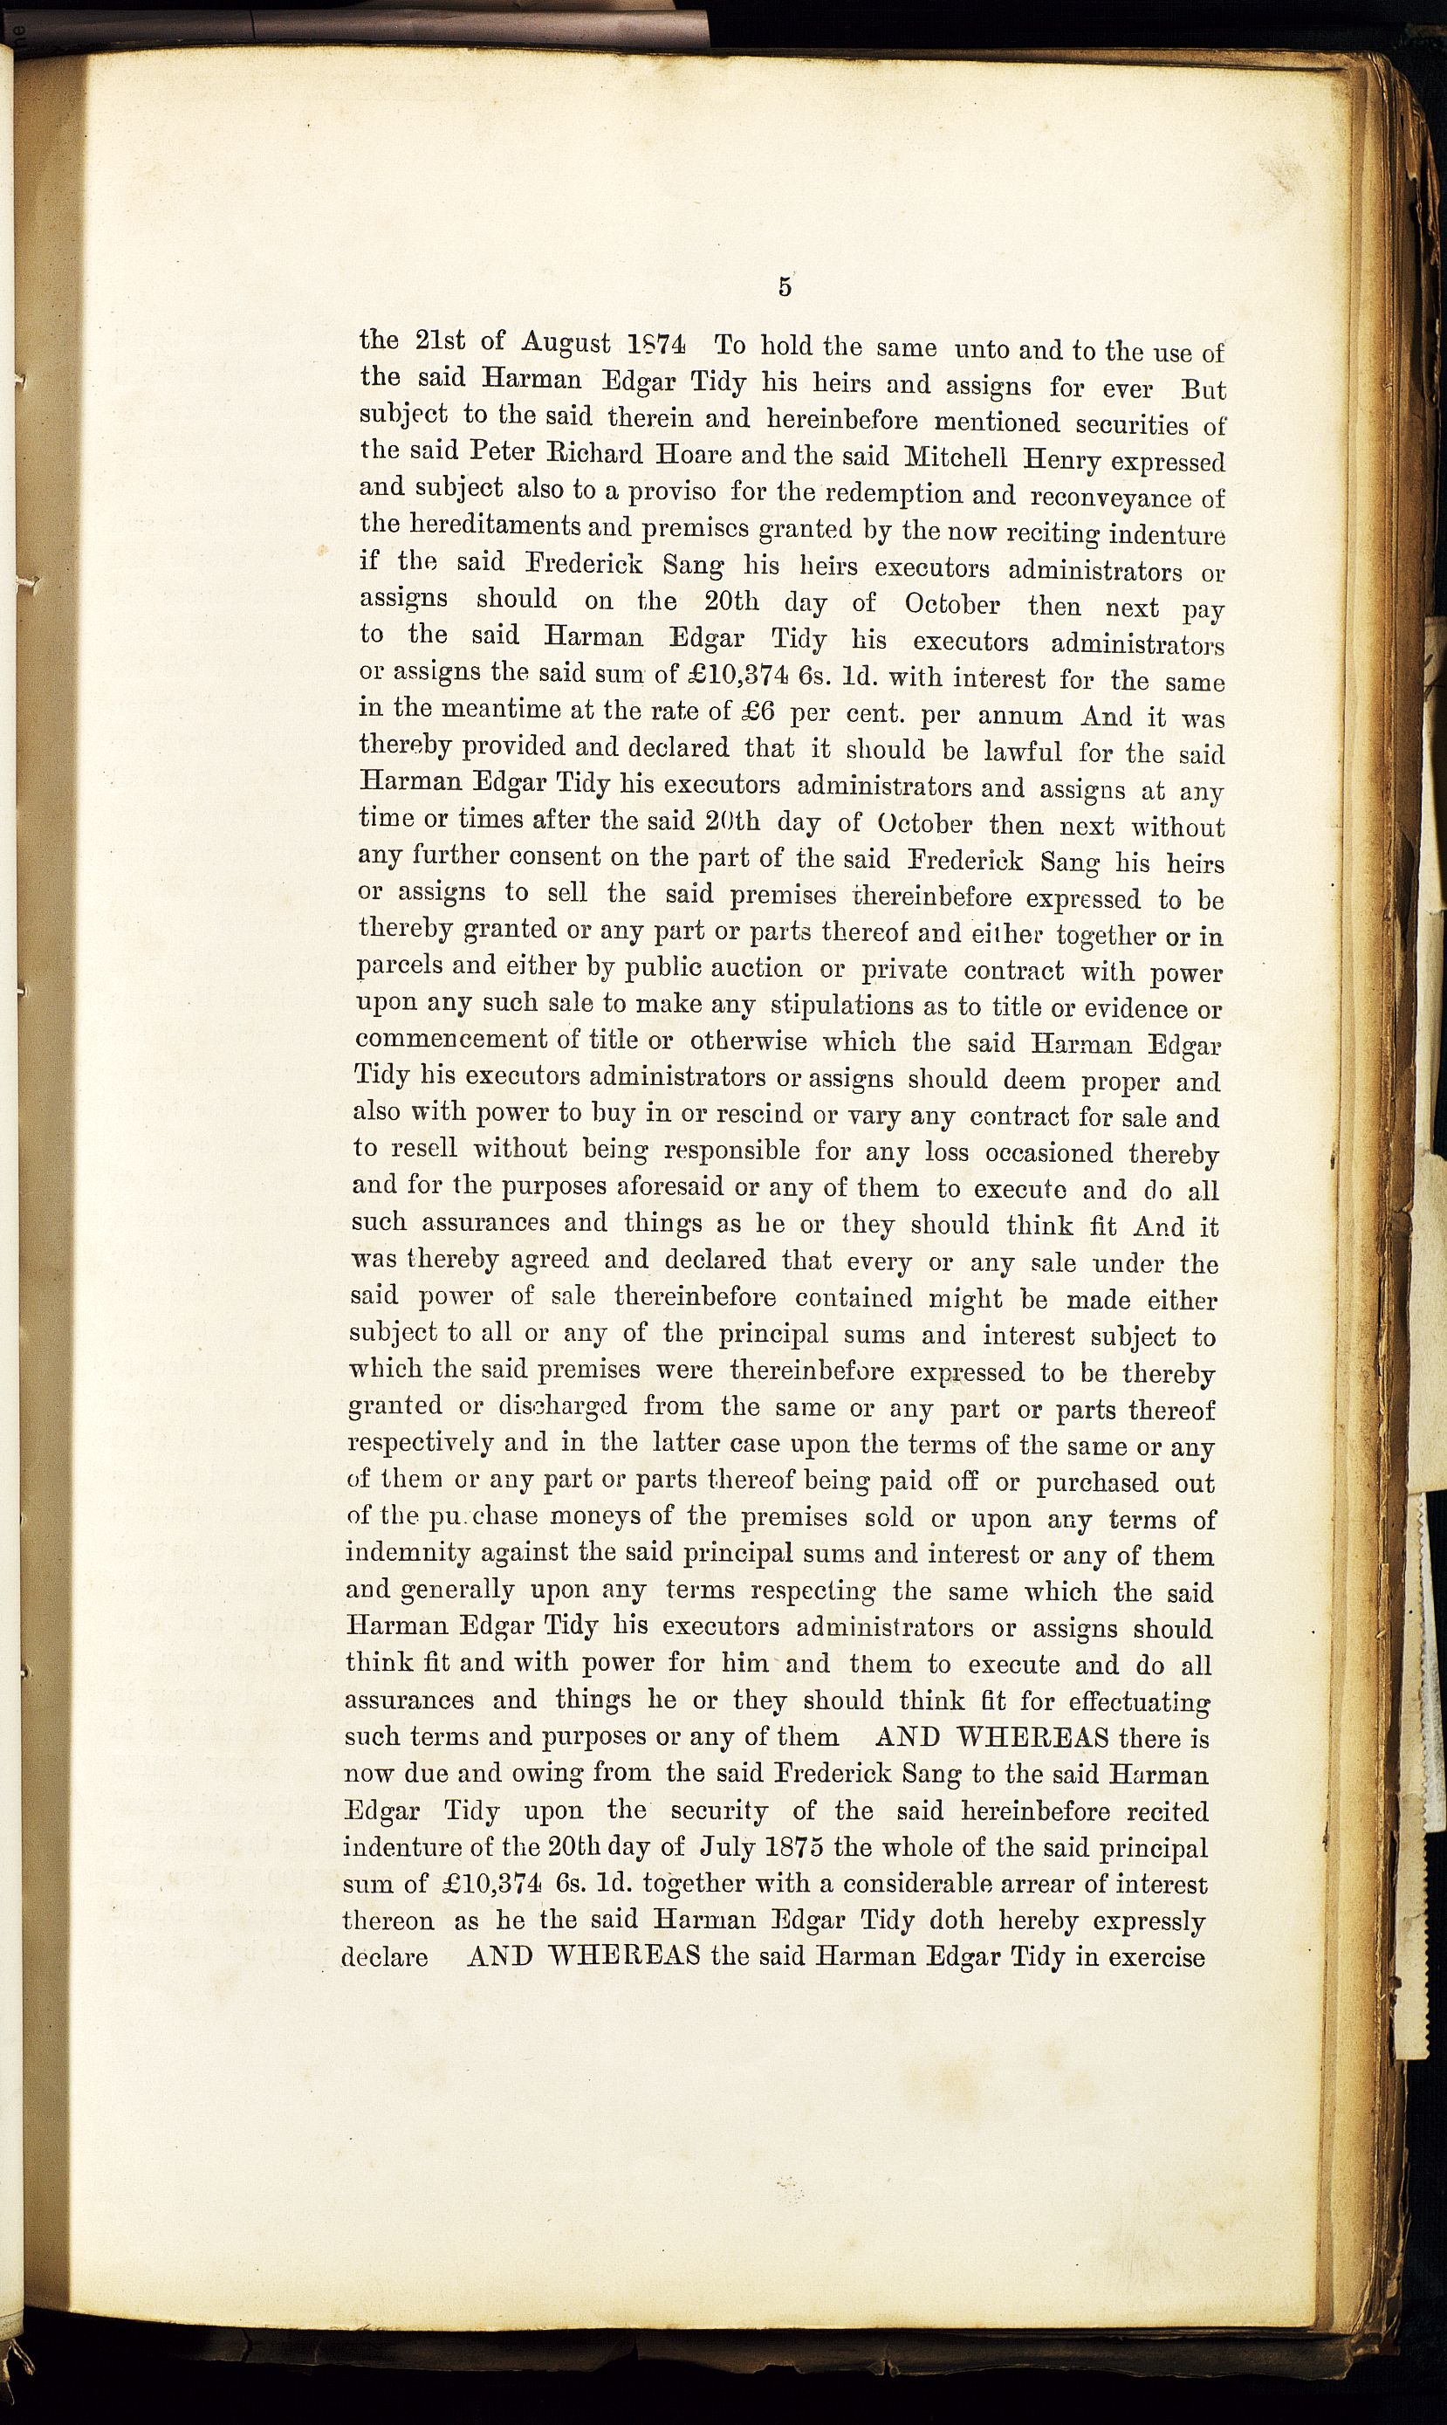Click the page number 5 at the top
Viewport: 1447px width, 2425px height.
pos(785,285)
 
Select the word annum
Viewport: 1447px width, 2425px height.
pos(1020,715)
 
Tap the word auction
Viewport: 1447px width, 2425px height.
pos(755,968)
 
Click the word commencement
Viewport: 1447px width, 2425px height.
pos(451,1039)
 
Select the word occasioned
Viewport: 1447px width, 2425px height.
pos(1049,1152)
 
